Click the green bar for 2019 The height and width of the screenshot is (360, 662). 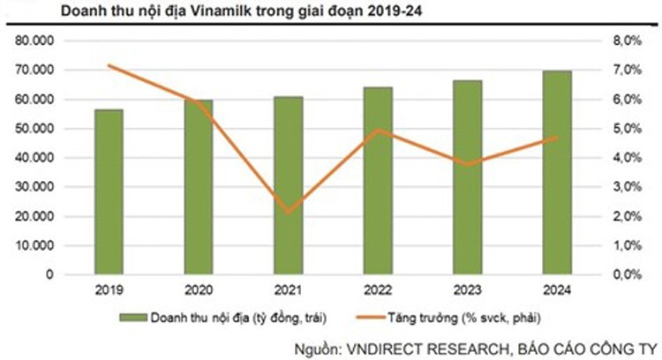pos(109,191)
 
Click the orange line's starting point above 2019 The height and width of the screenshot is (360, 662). pos(109,65)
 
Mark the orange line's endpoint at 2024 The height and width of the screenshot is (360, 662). pos(557,138)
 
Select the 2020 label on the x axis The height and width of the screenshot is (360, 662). pos(199,289)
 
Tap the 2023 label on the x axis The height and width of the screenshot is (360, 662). pos(467,289)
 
